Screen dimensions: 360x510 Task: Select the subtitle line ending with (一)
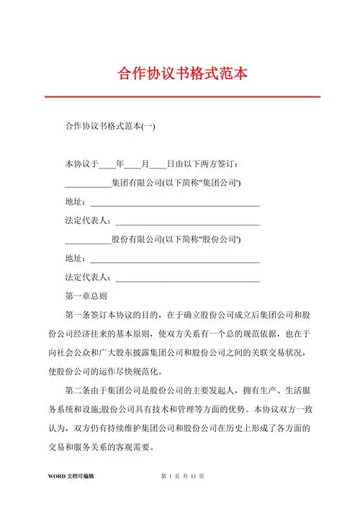109,127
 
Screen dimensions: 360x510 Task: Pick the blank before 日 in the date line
158,165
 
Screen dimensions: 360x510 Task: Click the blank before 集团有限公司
87,184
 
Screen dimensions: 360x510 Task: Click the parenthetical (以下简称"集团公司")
201,183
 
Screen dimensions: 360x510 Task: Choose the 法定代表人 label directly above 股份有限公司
87,220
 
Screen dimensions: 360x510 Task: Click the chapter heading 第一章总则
86,295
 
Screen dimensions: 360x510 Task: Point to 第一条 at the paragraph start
77,315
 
